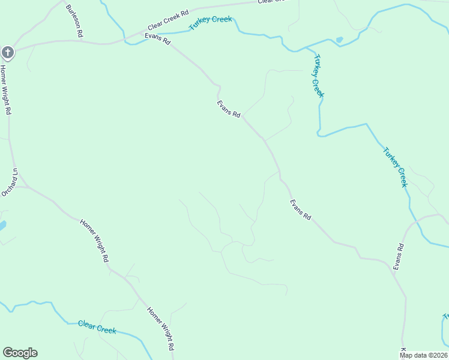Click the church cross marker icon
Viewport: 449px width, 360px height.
coord(7,53)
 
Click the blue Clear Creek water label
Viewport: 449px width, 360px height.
coord(97,327)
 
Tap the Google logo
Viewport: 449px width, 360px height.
coord(20,353)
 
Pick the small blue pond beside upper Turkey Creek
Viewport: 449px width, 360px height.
coord(340,40)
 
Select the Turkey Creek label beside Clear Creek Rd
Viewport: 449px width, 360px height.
coord(210,23)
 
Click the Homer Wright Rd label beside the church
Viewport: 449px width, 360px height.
coord(5,90)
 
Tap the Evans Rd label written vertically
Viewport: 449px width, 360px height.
coord(398,256)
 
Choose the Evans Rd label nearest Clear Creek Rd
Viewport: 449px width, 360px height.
coord(157,40)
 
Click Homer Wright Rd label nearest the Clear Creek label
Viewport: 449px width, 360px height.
coord(161,329)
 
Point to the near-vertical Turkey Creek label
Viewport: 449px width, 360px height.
coord(317,75)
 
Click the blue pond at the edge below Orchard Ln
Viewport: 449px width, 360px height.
coord(2,226)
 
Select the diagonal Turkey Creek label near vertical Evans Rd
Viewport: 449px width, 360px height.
coord(395,167)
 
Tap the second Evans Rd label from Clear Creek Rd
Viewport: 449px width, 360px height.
coord(229,109)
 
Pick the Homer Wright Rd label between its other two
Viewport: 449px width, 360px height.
coord(94,240)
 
